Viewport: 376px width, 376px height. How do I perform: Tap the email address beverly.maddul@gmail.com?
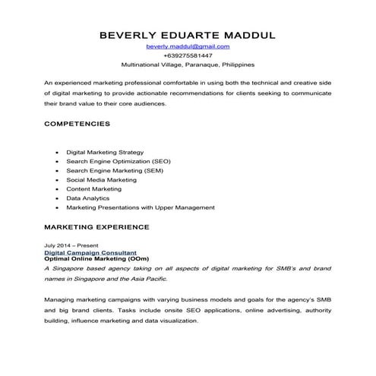point(188,47)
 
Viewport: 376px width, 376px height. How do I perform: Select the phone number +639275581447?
point(188,56)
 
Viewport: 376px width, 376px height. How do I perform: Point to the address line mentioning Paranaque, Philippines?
point(188,65)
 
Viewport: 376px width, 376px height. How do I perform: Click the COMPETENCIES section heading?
point(77,123)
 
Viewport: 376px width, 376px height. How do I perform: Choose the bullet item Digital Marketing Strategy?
point(105,153)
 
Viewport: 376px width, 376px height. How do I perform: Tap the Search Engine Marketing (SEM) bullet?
point(109,171)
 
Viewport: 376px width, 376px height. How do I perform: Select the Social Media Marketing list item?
point(101,180)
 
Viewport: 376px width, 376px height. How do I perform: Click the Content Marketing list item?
point(93,189)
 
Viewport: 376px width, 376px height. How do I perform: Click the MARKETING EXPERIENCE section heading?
point(96,227)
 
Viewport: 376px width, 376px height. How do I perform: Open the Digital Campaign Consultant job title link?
point(90,253)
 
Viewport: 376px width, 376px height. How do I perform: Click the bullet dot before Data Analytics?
point(58,198)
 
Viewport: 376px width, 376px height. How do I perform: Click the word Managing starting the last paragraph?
point(60,300)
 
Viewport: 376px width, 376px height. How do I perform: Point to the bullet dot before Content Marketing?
point(58,189)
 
